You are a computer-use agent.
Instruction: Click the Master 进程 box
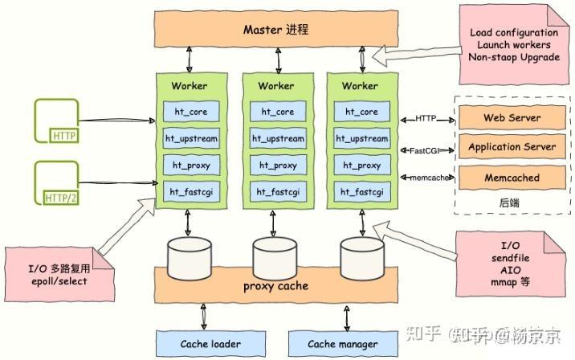pyautogui.click(x=275, y=31)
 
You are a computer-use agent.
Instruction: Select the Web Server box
pyautogui.click(x=511, y=118)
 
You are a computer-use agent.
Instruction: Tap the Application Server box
pyautogui.click(x=511, y=148)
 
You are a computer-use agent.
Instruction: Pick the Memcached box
pyautogui.click(x=511, y=178)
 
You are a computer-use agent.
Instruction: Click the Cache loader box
pyautogui.click(x=210, y=344)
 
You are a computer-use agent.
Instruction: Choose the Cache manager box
pyautogui.click(x=343, y=344)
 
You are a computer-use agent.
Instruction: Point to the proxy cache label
pyautogui.click(x=275, y=286)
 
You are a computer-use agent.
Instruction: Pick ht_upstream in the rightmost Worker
pyautogui.click(x=361, y=139)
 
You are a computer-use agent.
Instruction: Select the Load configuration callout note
pyautogui.click(x=513, y=44)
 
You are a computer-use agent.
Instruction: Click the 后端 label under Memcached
pyautogui.click(x=509, y=203)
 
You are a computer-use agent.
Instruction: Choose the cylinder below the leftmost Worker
pyautogui.click(x=190, y=256)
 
